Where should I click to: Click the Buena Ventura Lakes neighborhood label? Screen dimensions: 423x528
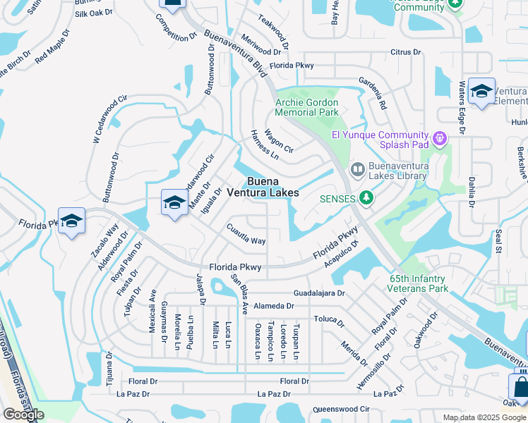pos(272,187)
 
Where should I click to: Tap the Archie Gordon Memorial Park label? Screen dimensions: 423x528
pos(306,107)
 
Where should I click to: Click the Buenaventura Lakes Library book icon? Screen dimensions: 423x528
pos(358,169)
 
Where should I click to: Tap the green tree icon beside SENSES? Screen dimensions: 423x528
pos(366,198)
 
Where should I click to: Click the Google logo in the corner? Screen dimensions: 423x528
pos(24,415)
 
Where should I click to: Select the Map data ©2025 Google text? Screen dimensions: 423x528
pos(484,417)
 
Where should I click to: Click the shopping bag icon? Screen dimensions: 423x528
pos(520,388)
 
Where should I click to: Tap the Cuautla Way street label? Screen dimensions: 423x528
pos(246,235)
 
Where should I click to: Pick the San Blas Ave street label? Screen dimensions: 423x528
pos(241,293)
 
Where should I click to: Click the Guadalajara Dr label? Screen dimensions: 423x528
pos(319,293)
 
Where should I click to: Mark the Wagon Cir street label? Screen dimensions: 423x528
pos(278,140)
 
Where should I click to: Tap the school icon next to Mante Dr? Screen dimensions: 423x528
pos(174,203)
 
